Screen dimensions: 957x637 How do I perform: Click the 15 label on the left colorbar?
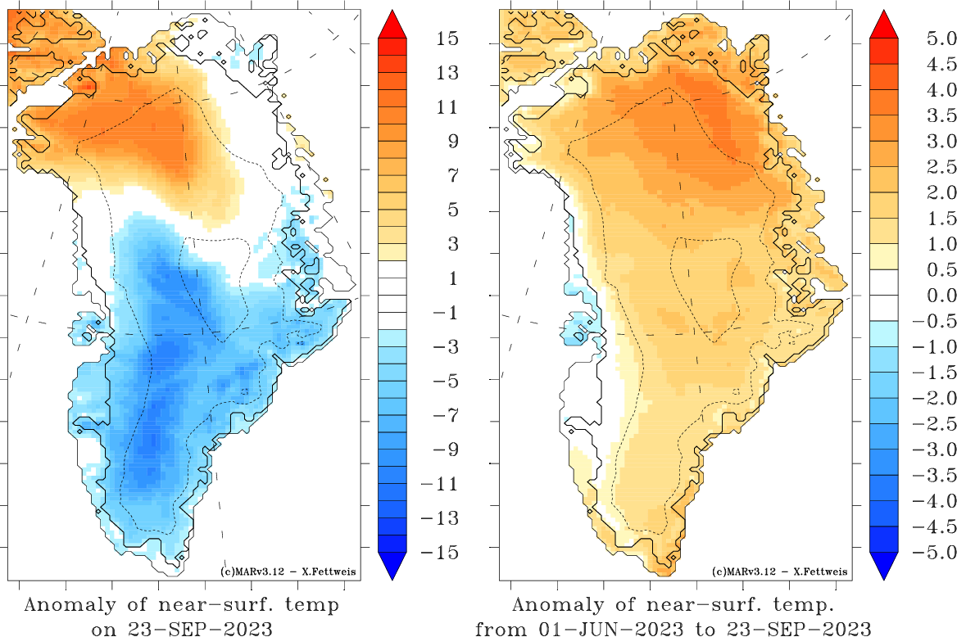click(447, 38)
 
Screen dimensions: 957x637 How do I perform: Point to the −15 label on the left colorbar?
click(439, 552)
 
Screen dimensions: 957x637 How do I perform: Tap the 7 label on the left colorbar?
click(453, 176)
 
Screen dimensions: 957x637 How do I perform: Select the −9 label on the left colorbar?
click(446, 450)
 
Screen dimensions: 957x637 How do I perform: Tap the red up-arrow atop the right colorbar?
click(884, 25)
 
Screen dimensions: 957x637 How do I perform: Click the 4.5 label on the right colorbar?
click(941, 64)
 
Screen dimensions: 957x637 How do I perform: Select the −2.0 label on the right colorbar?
click(934, 398)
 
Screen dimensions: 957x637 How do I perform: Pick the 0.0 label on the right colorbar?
click(941, 296)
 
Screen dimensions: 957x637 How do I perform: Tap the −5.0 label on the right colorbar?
click(934, 552)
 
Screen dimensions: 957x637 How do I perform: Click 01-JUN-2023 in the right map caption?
click(614, 628)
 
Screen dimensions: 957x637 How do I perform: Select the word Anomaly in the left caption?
click(70, 605)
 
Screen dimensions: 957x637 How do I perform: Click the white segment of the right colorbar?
click(884, 296)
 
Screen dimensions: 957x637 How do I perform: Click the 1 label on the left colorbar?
click(453, 278)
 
